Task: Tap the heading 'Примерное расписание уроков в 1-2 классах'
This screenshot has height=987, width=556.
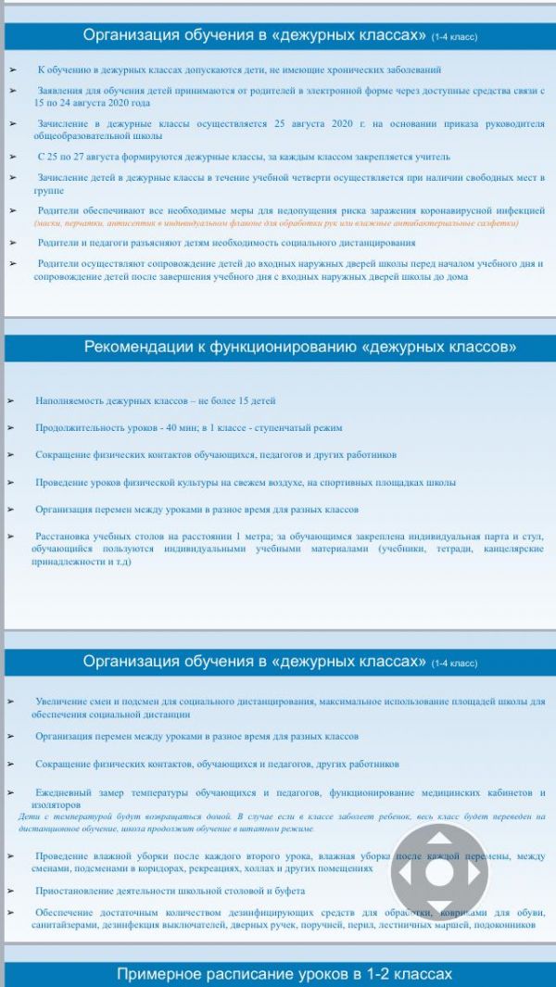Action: coord(284,974)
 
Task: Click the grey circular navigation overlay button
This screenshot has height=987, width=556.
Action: coord(438,871)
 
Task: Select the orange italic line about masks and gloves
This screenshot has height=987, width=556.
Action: coord(276,223)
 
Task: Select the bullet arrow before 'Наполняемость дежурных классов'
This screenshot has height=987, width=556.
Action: coord(12,400)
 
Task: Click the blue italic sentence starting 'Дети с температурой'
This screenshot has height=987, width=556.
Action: coord(278,822)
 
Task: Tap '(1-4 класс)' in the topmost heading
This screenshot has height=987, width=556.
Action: coord(455,37)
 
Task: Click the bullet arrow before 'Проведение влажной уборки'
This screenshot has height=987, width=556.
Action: coord(12,854)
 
